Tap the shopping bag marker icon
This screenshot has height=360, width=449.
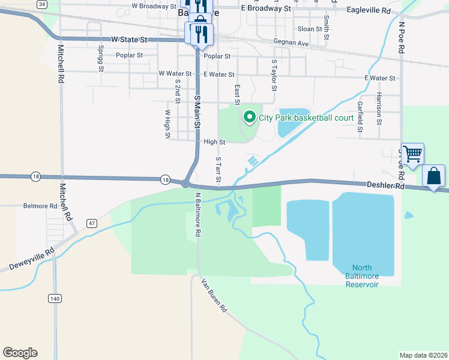pyautogui.click(x=434, y=176)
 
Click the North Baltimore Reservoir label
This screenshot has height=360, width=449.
pyautogui.click(x=362, y=276)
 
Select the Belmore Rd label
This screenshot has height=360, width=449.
pyautogui.click(x=40, y=206)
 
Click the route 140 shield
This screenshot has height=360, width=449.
pyautogui.click(x=55, y=298)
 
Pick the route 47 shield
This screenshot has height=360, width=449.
pyautogui.click(x=92, y=223)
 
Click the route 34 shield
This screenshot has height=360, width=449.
pyautogui.click(x=41, y=4)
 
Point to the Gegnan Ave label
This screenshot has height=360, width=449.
pyautogui.click(x=291, y=43)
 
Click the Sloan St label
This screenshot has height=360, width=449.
pyautogui.click(x=310, y=29)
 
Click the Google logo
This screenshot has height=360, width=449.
pyautogui.click(x=20, y=353)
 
